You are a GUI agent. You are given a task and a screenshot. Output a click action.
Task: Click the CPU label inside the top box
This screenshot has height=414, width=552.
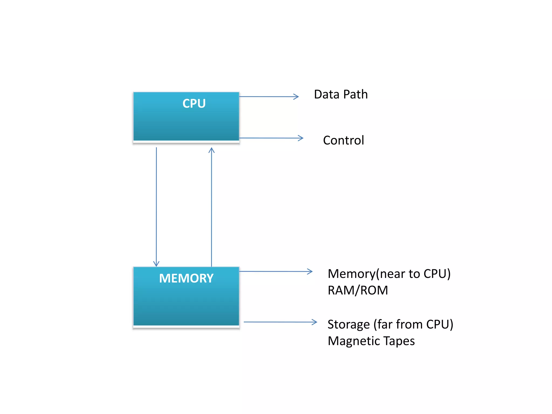(x=194, y=103)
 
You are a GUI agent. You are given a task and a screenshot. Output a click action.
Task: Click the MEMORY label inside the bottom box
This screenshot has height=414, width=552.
(x=186, y=278)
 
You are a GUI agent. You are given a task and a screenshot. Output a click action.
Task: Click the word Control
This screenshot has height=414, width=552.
(x=343, y=140)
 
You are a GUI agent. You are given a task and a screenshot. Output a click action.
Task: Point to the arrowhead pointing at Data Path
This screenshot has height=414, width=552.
(x=296, y=96)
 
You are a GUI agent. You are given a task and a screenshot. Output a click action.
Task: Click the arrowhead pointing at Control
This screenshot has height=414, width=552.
(x=301, y=138)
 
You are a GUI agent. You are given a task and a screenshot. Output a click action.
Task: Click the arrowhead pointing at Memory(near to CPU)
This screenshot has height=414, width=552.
(x=310, y=271)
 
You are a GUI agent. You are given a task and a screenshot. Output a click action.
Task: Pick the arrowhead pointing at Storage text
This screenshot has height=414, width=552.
(x=315, y=322)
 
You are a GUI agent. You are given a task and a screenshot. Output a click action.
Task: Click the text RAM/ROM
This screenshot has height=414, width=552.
(x=358, y=291)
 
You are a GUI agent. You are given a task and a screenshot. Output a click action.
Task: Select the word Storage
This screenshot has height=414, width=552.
(x=348, y=325)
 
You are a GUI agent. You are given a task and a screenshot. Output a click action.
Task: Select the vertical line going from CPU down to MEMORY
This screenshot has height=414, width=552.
(x=156, y=205)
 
